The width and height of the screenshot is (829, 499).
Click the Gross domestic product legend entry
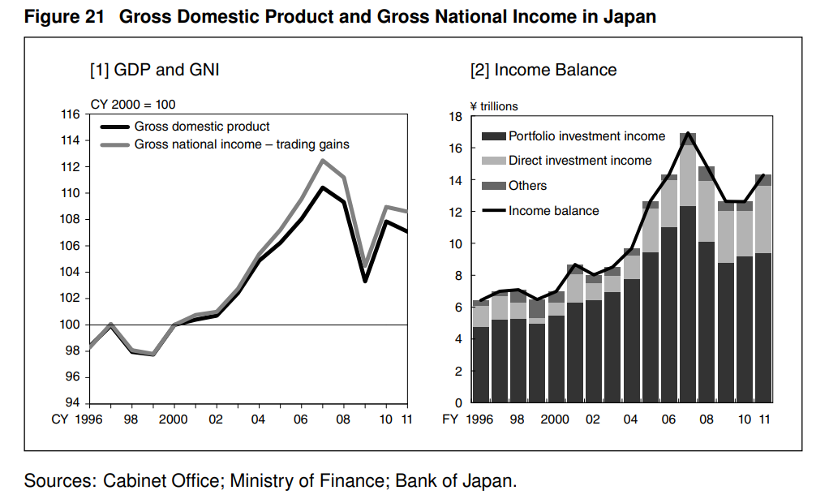tap(202, 127)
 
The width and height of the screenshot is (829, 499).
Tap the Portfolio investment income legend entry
tap(586, 136)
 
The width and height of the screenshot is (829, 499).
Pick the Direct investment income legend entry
tap(580, 161)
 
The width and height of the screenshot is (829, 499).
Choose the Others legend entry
tap(527, 186)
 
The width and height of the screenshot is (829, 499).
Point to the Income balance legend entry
tap(553, 211)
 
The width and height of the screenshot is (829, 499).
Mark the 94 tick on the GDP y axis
tap(73, 403)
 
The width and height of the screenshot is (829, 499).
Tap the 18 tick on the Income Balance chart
tap(455, 117)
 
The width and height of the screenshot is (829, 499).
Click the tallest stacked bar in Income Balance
tap(688, 268)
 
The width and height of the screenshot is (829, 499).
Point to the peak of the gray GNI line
tap(322, 160)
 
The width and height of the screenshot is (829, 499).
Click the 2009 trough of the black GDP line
tap(365, 281)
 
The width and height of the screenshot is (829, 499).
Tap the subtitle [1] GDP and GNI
tap(154, 71)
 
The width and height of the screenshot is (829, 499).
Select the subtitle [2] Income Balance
tap(543, 71)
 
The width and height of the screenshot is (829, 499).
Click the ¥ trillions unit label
tap(493, 106)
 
